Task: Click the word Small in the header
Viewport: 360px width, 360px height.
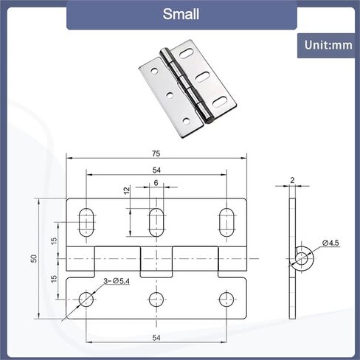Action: coord(181,14)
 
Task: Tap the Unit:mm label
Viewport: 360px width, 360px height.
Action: coord(328,45)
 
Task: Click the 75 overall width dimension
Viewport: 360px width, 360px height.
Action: coord(156,153)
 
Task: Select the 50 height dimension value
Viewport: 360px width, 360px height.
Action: coord(34,258)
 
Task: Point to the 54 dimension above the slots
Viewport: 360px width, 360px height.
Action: coord(156,170)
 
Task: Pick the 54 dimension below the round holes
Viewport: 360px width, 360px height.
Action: coord(156,338)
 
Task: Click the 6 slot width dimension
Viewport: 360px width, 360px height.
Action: coord(156,183)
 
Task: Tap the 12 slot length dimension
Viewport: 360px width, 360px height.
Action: coord(127,190)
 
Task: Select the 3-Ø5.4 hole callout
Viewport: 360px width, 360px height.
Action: coord(117,281)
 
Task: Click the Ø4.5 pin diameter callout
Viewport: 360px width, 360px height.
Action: coord(330,243)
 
